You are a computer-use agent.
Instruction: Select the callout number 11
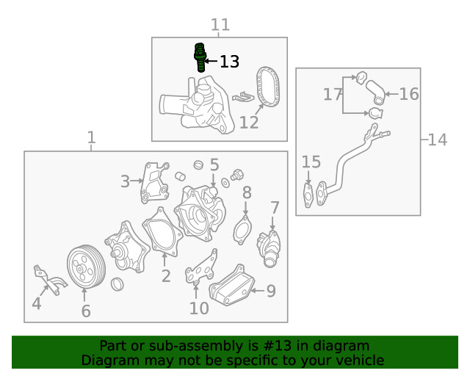coord(220,25)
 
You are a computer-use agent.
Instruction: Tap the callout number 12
coord(249,122)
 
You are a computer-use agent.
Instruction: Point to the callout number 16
coord(409,93)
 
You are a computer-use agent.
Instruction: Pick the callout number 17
coord(333,93)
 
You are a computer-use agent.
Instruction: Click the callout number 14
coord(437,139)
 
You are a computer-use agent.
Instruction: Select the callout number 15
coord(311,162)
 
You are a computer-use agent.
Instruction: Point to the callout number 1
coord(91,137)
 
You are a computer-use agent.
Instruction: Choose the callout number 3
coord(126,181)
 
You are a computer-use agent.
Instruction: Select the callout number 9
coord(270,291)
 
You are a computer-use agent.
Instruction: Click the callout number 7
coord(275,207)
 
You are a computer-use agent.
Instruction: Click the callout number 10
coord(199,308)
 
